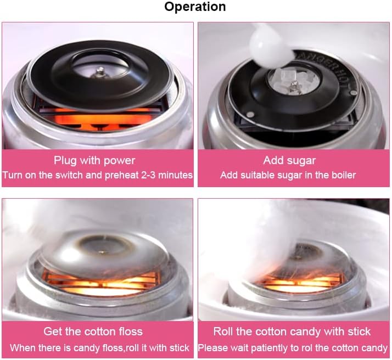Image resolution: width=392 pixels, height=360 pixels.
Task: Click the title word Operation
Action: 195,7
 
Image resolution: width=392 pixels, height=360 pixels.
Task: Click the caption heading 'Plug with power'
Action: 94,161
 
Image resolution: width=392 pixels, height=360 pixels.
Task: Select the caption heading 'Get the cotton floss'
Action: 93,331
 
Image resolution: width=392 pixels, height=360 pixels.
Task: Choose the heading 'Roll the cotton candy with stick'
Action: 292,331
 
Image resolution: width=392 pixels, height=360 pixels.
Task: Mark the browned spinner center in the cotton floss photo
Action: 102,250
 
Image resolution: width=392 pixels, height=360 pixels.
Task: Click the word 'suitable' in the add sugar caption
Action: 262,175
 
